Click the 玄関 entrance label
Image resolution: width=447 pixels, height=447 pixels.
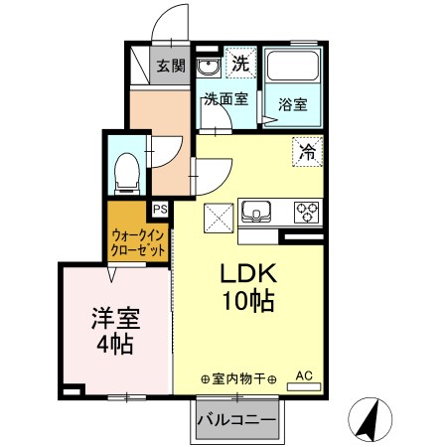tap(171, 67)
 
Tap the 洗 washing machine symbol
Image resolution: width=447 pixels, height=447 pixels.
tap(239, 63)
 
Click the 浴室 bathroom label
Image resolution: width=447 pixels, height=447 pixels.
tap(292, 102)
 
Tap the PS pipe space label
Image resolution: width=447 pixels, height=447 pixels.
tap(159, 209)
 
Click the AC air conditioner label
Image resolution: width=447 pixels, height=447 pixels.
tap(306, 376)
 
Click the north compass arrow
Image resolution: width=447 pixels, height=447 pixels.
tap(369, 420)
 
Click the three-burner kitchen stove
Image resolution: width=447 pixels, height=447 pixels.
tap(305, 212)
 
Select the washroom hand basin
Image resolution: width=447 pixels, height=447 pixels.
tap(209, 67)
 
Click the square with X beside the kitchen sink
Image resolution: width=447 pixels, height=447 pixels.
tap(219, 217)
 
